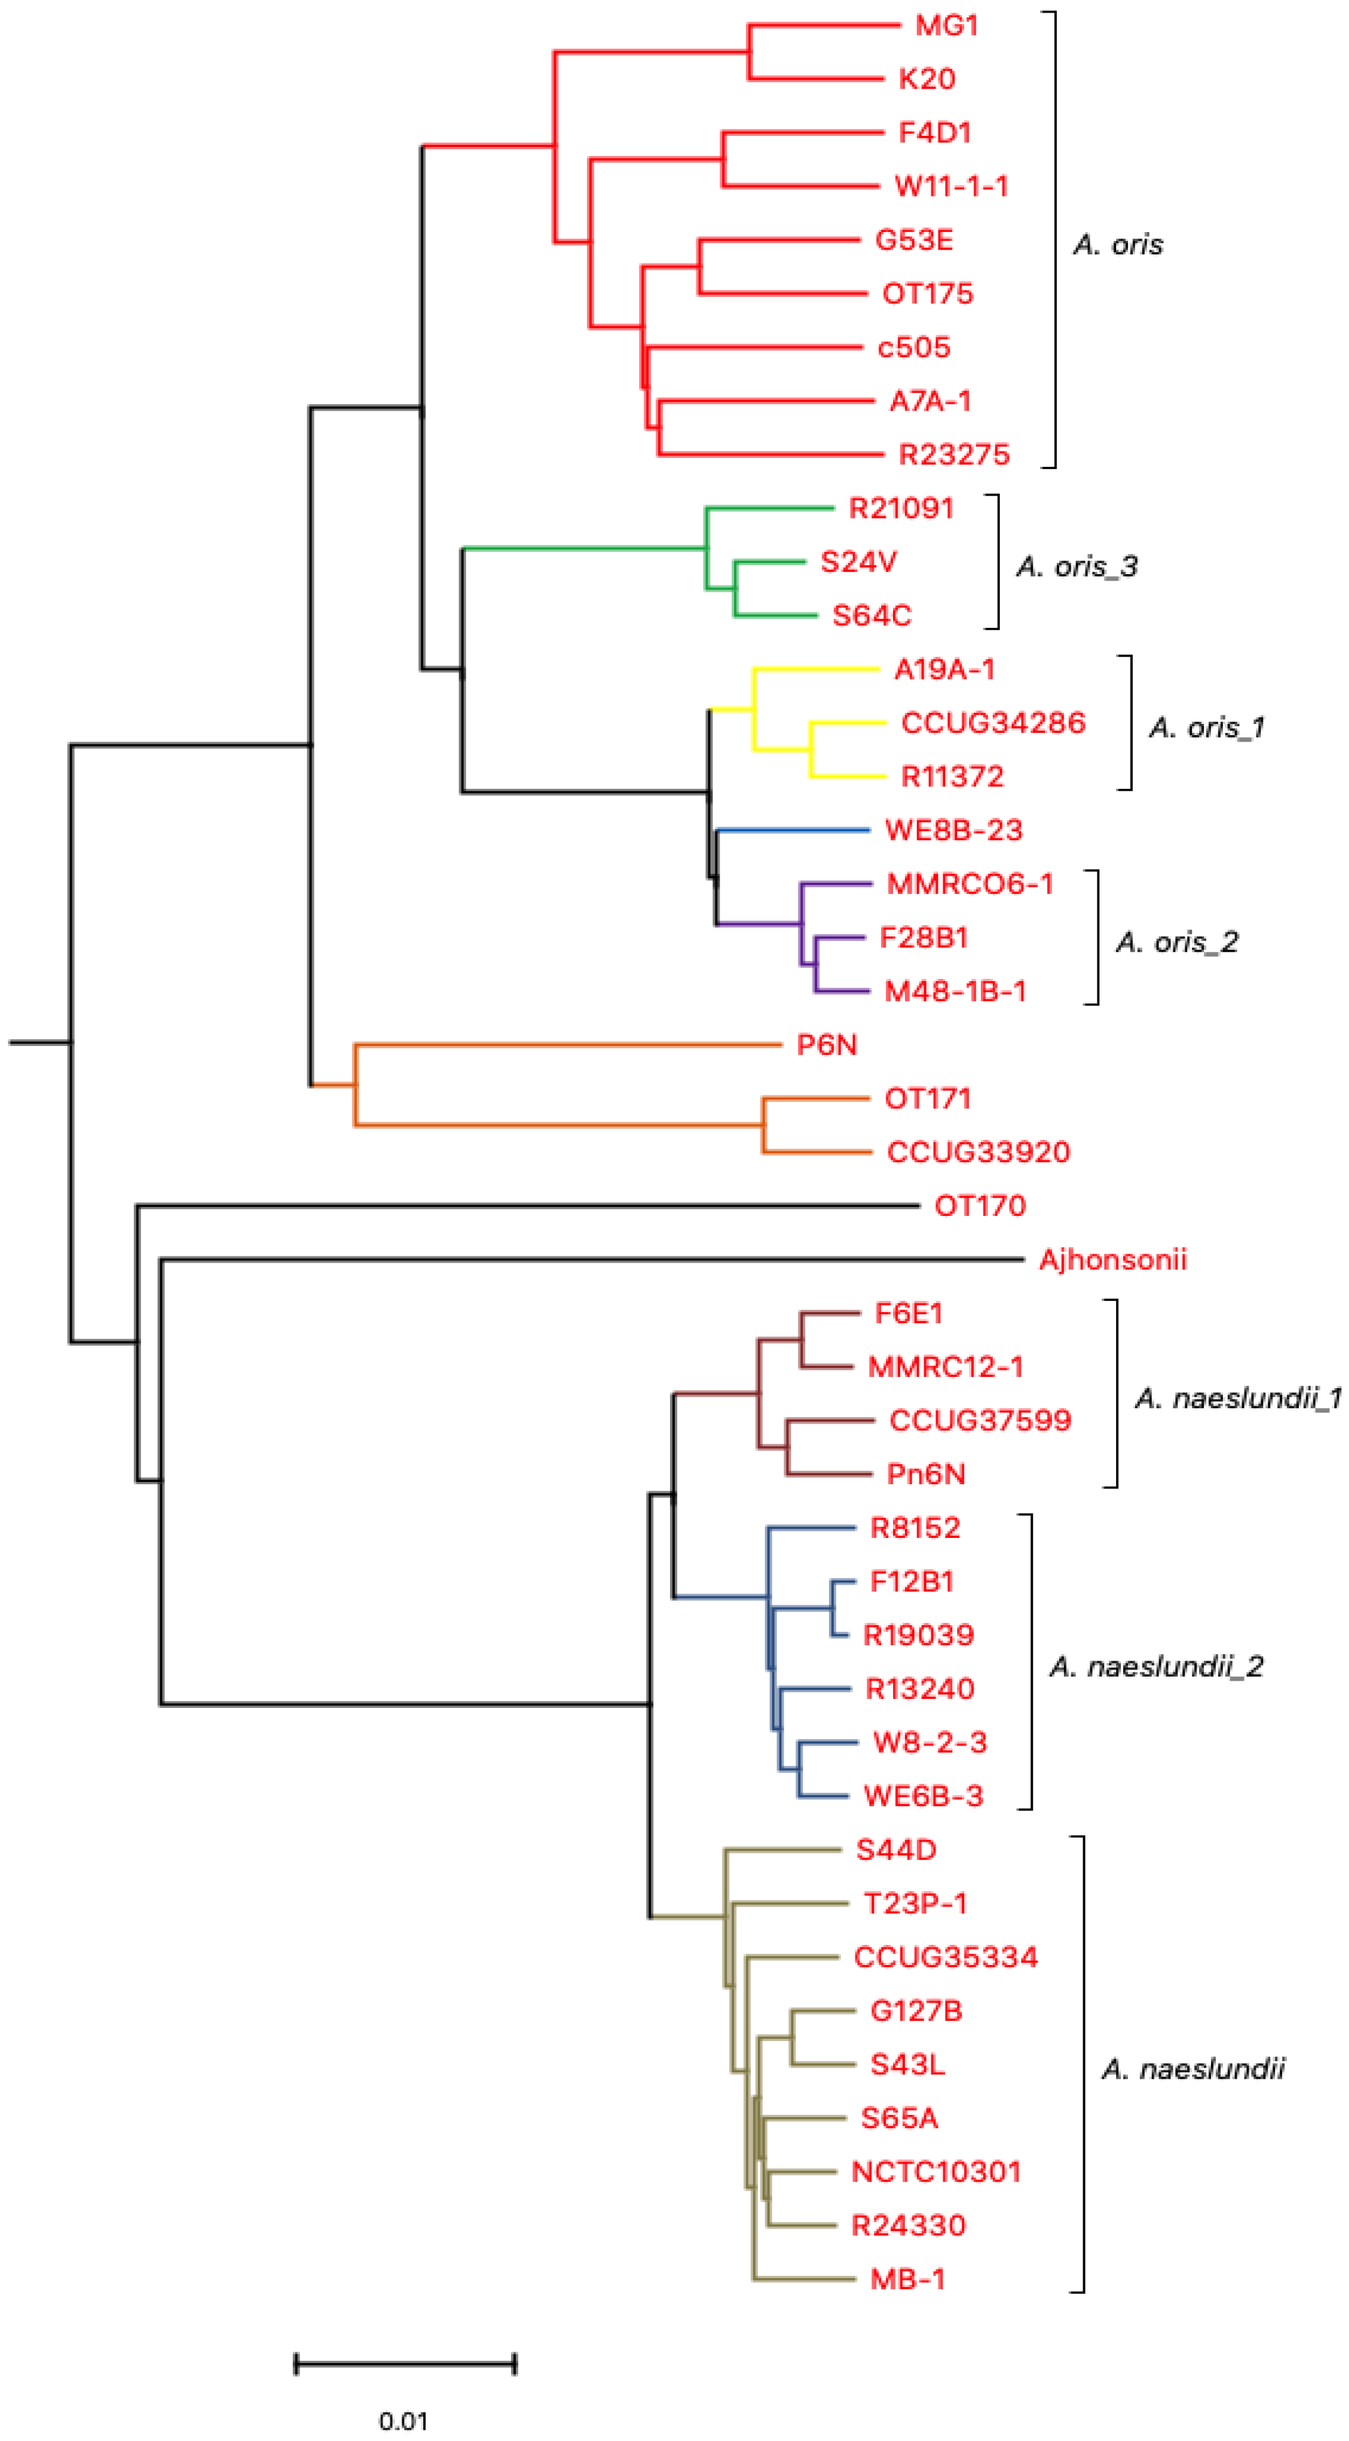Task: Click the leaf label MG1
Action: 946,26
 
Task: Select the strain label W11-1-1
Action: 951,186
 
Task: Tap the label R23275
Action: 954,455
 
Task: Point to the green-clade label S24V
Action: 858,562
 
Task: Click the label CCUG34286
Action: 993,723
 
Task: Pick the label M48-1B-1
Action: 954,991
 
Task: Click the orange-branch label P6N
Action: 827,1045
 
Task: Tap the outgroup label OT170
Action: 980,1206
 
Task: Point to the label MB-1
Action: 907,2279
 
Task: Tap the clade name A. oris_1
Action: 1206,727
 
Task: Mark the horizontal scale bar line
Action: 405,2364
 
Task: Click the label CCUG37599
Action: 980,1420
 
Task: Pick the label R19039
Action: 917,1635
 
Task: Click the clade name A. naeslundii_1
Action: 1237,1399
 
